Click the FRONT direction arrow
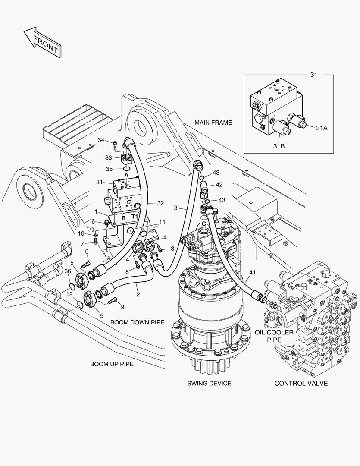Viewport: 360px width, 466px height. (x=43, y=42)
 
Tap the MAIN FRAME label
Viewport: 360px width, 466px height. (x=213, y=123)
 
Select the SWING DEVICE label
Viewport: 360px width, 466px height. (x=209, y=384)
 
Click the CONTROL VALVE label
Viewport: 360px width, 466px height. (x=301, y=384)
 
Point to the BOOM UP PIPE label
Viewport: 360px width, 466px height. (x=112, y=364)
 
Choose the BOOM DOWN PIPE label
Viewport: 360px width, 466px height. (x=137, y=322)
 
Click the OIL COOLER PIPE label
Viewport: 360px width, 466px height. (x=274, y=336)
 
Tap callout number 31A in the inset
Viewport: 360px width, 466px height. (x=321, y=128)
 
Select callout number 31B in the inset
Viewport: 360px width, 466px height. (x=279, y=146)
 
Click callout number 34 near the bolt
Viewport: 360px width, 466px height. (x=101, y=140)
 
